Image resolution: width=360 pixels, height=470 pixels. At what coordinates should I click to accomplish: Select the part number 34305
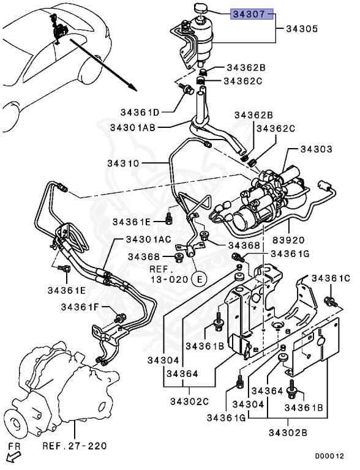click(x=301, y=29)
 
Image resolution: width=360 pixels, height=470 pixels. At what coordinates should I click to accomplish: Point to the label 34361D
click(x=140, y=113)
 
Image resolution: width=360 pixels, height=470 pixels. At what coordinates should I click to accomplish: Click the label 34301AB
click(x=133, y=128)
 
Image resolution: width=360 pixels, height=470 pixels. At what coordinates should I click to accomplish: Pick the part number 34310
click(x=124, y=163)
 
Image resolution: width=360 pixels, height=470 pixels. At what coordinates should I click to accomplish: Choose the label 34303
click(x=316, y=149)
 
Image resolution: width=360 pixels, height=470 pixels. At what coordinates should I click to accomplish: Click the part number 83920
click(x=288, y=240)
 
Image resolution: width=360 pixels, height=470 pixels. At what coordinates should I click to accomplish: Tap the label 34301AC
click(x=149, y=239)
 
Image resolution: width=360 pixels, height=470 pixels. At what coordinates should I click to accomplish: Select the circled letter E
click(x=200, y=279)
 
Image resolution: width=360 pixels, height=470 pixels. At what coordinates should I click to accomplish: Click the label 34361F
click(x=80, y=307)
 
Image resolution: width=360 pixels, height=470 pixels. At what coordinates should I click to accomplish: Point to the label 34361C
click(x=331, y=278)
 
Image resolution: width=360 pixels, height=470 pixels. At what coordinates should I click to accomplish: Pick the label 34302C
click(x=189, y=401)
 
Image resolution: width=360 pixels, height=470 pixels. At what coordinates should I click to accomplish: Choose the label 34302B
click(x=288, y=433)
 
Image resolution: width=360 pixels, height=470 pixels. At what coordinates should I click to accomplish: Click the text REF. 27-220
click(x=75, y=446)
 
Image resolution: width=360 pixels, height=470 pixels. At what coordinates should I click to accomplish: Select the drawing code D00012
click(x=329, y=456)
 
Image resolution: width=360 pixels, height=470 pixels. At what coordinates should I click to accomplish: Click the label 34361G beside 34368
click(x=290, y=254)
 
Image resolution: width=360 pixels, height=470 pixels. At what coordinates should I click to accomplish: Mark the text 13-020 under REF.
click(x=170, y=279)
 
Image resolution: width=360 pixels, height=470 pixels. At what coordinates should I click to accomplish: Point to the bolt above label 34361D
click(x=186, y=88)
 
